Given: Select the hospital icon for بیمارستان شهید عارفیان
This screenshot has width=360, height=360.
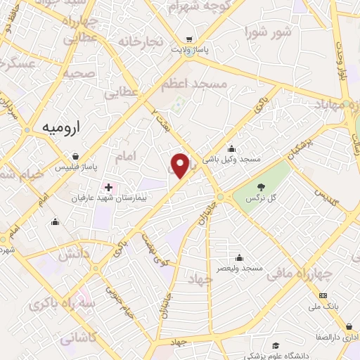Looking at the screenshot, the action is [108, 187].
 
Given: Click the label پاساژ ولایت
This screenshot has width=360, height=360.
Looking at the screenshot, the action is [188, 51].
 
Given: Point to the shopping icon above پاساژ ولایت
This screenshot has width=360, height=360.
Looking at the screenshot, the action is [188, 40].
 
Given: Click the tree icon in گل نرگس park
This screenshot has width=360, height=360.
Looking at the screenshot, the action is [261, 187].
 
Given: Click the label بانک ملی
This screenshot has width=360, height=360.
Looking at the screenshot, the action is [323, 307].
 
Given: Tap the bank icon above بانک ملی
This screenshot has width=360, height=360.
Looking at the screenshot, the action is [323, 296].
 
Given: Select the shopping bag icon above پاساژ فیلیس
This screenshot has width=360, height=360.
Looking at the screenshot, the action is [75, 157].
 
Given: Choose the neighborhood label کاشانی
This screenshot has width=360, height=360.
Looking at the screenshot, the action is [77, 338].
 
